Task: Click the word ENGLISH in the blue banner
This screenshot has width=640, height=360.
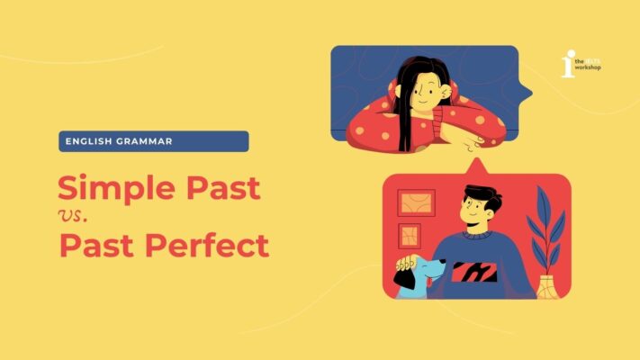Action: tap(88, 141)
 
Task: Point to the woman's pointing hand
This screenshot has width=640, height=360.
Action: tap(469, 143)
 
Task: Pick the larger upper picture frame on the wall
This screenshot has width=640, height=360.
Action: tap(416, 202)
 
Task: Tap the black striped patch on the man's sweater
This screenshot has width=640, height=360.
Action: tap(473, 270)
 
